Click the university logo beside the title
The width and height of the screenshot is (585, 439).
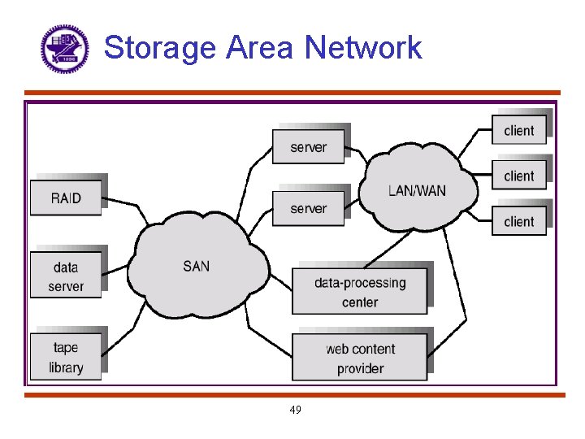coord(63,49)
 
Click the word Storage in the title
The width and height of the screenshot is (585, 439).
coord(159,49)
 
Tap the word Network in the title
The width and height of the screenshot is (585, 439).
coord(363,48)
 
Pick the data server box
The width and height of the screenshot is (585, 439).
coord(66,276)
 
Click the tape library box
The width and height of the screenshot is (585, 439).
coord(66,357)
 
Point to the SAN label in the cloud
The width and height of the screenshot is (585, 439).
coord(196,266)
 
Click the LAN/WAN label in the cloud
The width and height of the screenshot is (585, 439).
coord(417,191)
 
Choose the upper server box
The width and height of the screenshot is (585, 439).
coord(308,147)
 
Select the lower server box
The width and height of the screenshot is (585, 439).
coord(308,209)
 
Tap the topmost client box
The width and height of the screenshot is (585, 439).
coord(518,130)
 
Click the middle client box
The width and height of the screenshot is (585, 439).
coord(518,176)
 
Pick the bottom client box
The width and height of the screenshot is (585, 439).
coord(518,221)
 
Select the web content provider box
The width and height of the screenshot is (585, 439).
coord(360,359)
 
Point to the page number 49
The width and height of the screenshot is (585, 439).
coord(295,410)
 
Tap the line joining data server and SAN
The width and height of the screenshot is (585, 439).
coord(117,268)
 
